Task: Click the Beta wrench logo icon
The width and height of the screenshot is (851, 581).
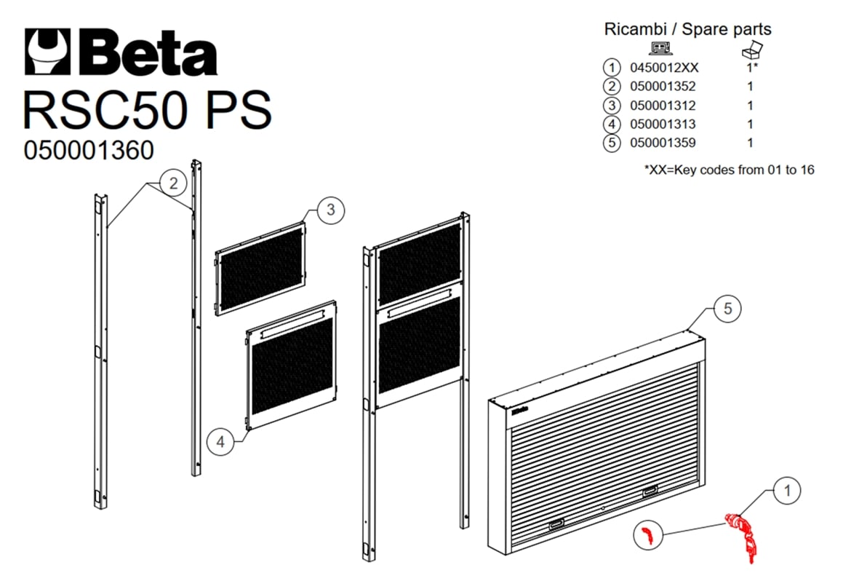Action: tap(48, 51)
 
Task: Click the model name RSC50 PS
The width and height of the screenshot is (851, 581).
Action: tap(147, 110)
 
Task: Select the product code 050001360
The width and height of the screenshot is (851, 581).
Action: tap(89, 150)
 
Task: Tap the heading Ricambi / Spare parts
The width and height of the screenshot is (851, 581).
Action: tap(687, 29)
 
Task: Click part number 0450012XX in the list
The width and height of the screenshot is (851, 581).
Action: tap(664, 68)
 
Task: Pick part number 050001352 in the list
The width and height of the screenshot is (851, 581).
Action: tap(663, 87)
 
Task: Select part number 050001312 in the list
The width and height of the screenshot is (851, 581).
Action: tap(663, 106)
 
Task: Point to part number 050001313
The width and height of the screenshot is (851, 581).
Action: tap(663, 124)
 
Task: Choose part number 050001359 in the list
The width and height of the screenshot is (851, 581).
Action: tap(663, 143)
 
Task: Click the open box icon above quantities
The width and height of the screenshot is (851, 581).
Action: tap(752, 50)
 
